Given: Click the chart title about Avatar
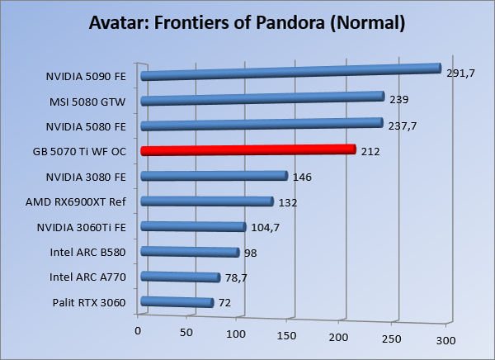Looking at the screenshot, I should (x=247, y=22).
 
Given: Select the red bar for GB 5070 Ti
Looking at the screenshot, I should (x=247, y=151).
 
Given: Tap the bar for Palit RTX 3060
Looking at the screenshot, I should (x=177, y=303).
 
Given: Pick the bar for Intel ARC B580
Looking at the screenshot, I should (x=190, y=253).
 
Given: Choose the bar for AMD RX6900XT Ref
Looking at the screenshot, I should (x=207, y=201).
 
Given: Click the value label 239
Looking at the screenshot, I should (x=399, y=100).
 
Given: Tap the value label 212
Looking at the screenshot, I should (x=370, y=152).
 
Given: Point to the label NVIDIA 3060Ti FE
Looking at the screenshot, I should (x=82, y=227).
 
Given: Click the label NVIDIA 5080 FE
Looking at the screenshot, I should (x=86, y=126).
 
